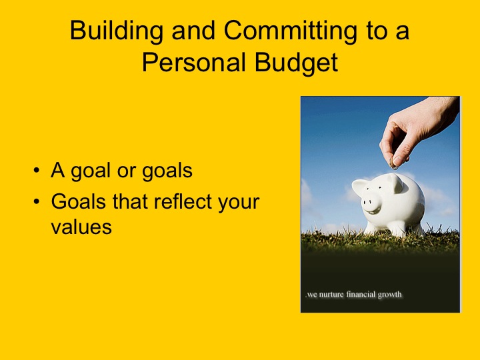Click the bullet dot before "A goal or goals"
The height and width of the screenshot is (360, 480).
(x=36, y=172)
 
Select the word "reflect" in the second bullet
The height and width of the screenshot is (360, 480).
(x=187, y=202)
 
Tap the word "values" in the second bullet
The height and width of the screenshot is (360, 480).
(x=81, y=227)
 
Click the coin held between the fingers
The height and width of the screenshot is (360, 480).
(x=393, y=163)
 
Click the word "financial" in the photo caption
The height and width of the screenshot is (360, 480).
(x=365, y=295)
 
